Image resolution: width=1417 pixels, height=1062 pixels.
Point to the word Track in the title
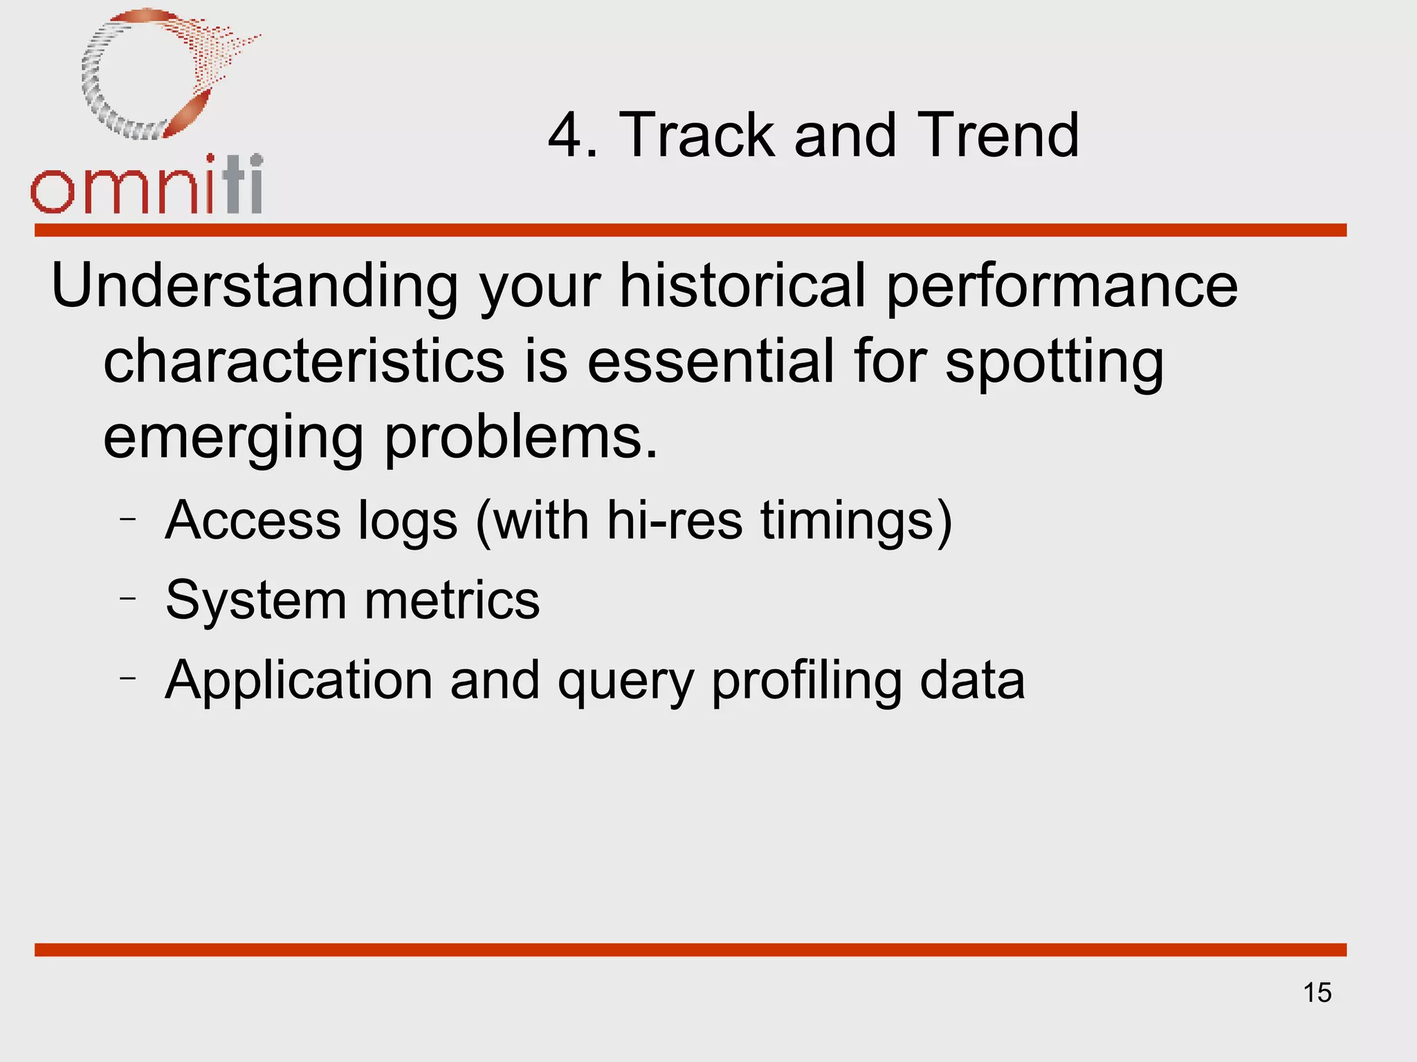[696, 136]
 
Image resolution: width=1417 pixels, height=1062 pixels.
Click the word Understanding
[255, 287]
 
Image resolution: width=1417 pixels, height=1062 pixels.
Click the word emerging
[233, 440]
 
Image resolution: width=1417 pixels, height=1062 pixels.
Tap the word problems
[520, 440]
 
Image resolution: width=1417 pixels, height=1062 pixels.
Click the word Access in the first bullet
[253, 520]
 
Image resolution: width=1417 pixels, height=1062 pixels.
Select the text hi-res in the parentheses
[675, 520]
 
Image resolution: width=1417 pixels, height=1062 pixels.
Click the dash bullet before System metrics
[128, 597]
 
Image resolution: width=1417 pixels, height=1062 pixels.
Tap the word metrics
[452, 600]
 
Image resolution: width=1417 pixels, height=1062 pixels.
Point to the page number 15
[1317, 993]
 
